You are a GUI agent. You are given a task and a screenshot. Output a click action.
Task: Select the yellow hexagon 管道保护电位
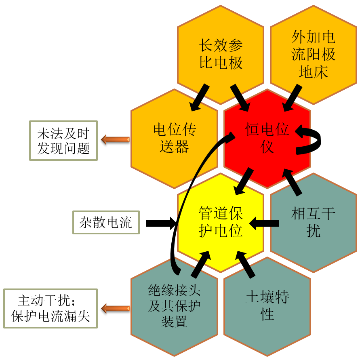221,222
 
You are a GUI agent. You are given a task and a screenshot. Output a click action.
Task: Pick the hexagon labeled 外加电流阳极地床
313,55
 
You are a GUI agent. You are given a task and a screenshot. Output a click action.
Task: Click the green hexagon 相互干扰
313,222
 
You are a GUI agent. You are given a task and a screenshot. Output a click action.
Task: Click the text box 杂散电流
106,223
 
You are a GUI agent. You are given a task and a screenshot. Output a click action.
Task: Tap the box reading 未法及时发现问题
63,141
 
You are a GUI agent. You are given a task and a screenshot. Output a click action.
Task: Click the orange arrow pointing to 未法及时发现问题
115,140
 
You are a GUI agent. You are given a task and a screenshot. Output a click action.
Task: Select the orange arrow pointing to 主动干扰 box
115,309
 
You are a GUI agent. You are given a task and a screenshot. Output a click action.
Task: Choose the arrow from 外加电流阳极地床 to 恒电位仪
291,98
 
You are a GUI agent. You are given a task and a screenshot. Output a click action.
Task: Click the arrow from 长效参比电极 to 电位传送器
200,97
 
